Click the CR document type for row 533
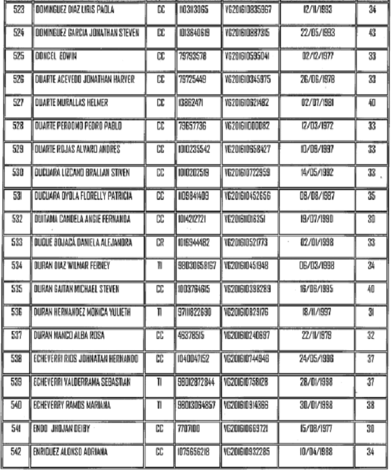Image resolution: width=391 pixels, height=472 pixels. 160,243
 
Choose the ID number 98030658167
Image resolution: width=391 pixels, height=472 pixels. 197,266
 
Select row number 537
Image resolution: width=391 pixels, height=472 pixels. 18,336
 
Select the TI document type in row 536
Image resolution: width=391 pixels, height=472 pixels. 160,312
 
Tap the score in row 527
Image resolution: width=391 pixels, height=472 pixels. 371,103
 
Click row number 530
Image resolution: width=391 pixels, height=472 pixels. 18,173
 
